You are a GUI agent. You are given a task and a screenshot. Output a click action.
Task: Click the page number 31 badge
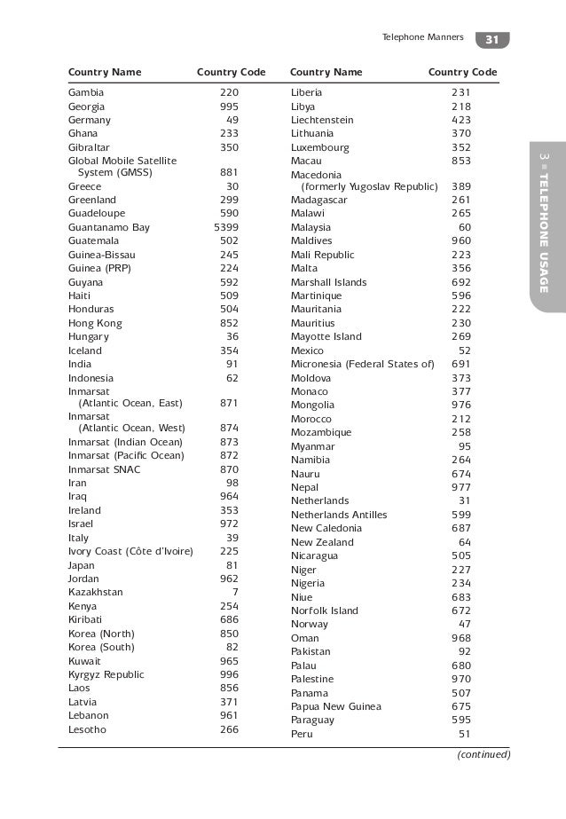493,40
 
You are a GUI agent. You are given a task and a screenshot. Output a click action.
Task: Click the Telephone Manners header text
421,39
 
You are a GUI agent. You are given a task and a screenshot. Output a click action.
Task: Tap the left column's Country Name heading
104,71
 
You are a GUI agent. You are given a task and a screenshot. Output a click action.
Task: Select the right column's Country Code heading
462,71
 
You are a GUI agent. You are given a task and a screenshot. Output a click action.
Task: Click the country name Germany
90,120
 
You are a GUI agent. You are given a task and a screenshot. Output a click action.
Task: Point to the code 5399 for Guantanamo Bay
226,227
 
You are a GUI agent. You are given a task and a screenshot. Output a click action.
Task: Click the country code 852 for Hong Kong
229,323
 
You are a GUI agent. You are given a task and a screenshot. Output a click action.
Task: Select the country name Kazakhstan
96,592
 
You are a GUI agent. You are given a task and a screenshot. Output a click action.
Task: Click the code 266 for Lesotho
229,729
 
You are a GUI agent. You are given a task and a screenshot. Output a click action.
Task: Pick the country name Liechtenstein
322,120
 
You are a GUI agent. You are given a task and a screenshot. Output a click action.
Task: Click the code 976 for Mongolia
461,405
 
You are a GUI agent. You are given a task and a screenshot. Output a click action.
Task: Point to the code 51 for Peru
464,734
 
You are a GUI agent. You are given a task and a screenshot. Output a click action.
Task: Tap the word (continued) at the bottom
483,755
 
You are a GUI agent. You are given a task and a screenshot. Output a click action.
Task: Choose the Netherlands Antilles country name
339,515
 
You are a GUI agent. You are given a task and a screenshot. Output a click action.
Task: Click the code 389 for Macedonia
461,186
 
